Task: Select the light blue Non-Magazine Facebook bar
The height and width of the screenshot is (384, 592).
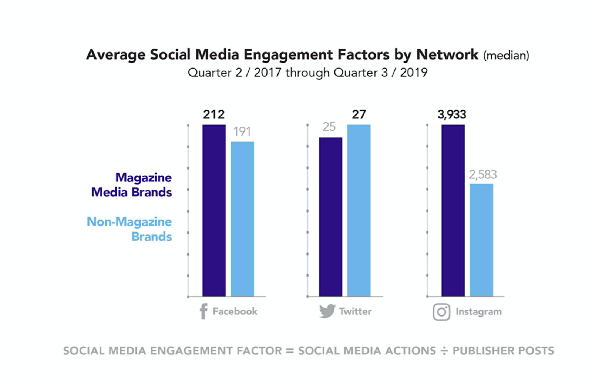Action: (242, 219)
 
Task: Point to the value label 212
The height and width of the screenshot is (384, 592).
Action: (214, 114)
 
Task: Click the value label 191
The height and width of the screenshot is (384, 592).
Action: (242, 131)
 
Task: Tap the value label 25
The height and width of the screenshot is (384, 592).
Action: (329, 127)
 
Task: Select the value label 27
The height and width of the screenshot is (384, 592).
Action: (359, 114)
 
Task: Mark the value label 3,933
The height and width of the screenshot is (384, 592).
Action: (452, 114)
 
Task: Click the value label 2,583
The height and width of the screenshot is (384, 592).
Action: (482, 174)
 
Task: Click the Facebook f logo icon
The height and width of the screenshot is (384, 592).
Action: (203, 311)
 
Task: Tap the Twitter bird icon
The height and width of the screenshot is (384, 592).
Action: (327, 311)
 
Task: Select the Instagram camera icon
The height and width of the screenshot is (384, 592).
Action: (441, 312)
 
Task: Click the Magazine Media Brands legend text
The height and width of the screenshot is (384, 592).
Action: (132, 185)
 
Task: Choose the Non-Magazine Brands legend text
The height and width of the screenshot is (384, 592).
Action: (129, 229)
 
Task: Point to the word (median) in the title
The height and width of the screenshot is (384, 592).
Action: (506, 56)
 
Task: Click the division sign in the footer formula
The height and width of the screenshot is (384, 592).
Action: (444, 351)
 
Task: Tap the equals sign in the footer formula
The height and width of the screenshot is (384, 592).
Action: (290, 351)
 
